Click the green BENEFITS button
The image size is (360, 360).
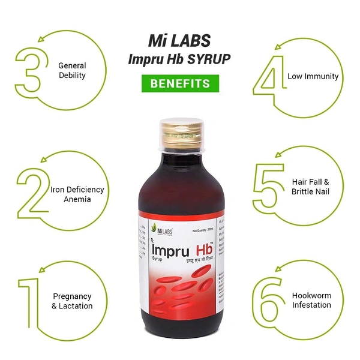pos(179,83)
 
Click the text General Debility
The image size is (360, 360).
pos(72,71)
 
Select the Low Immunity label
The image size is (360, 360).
pos(313,76)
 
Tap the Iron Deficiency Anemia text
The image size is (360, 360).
pos(77,194)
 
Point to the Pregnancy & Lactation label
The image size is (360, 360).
pos(72,301)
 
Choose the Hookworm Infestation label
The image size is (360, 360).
pos(311,300)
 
